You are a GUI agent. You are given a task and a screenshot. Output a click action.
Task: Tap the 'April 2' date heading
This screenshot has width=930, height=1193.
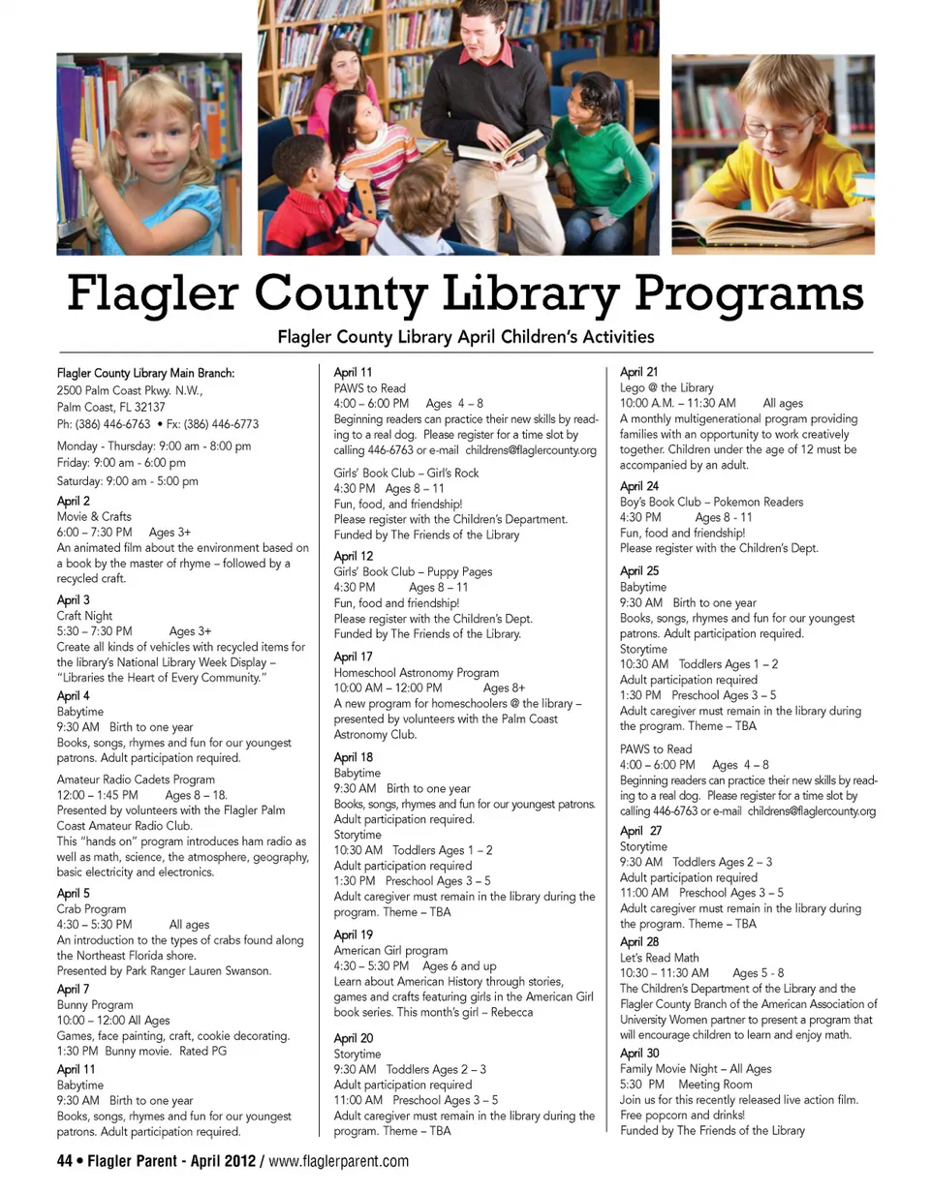click(74, 501)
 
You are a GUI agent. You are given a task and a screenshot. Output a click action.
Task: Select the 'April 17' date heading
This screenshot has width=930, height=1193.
click(354, 657)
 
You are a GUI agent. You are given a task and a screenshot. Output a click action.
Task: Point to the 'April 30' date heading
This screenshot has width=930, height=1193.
click(639, 1053)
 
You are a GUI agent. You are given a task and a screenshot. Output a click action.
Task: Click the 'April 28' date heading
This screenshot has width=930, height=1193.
click(639, 942)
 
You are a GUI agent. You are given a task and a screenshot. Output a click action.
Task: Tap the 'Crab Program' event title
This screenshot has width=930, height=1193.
click(91, 909)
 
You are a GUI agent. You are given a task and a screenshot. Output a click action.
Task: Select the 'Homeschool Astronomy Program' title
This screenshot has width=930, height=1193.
click(417, 672)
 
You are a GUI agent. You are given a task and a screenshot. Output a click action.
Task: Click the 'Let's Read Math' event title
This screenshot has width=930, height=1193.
click(659, 958)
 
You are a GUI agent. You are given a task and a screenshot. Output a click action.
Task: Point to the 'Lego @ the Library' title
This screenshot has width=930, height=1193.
click(666, 387)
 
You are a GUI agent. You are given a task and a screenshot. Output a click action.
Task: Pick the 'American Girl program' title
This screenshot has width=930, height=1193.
click(390, 951)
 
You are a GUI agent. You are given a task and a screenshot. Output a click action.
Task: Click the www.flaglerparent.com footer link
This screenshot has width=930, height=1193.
click(338, 1161)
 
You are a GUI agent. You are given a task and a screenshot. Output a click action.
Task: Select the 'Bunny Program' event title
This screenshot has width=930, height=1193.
click(95, 1005)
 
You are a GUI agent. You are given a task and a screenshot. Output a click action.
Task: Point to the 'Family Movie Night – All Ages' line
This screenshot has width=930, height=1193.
click(696, 1068)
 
